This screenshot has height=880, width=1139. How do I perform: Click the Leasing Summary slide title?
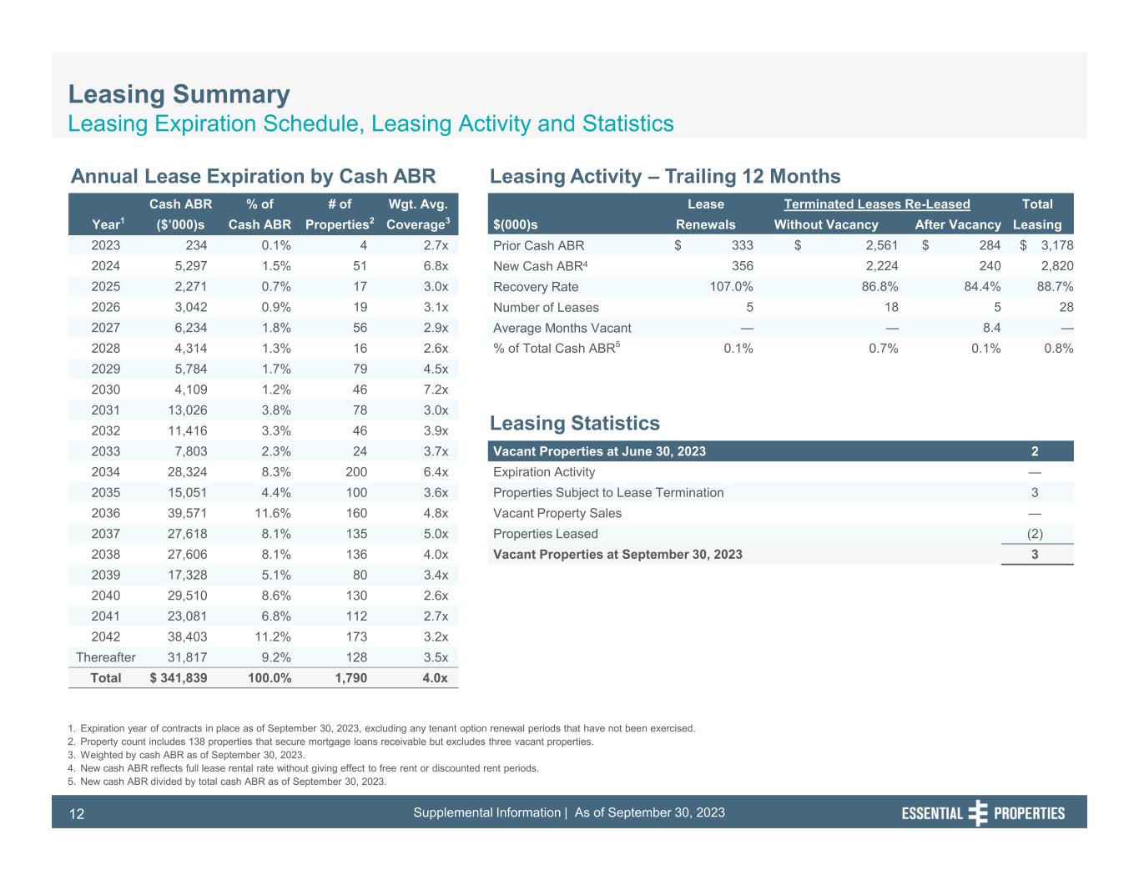pyautogui.click(x=179, y=94)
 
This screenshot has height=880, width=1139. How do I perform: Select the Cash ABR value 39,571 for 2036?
pyautogui.click(x=188, y=513)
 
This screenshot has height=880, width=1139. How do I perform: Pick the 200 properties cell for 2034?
pyautogui.click(x=354, y=472)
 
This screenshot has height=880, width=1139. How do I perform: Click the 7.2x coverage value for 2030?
pyautogui.click(x=435, y=390)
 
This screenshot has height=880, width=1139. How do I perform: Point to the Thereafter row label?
pyautogui.click(x=105, y=657)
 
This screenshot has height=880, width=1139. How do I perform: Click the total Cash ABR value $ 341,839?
pyautogui.click(x=179, y=678)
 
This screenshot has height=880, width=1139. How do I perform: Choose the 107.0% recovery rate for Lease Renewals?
pyautogui.click(x=728, y=287)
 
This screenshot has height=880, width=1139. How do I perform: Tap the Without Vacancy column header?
pyautogui.click(x=826, y=224)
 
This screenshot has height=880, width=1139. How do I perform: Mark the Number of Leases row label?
pyautogui.click(x=546, y=308)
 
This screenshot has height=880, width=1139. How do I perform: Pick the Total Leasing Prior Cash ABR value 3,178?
pyautogui.click(x=1055, y=245)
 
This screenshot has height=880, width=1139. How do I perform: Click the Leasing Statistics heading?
pyautogui.click(x=575, y=423)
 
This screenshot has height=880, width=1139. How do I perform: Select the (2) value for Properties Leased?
pyautogui.click(x=1035, y=534)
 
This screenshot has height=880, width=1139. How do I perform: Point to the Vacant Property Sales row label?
pyautogui.click(x=557, y=513)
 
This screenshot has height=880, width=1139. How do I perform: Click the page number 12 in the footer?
pyautogui.click(x=77, y=814)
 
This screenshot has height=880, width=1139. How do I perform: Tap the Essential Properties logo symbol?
pyautogui.click(x=978, y=813)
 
